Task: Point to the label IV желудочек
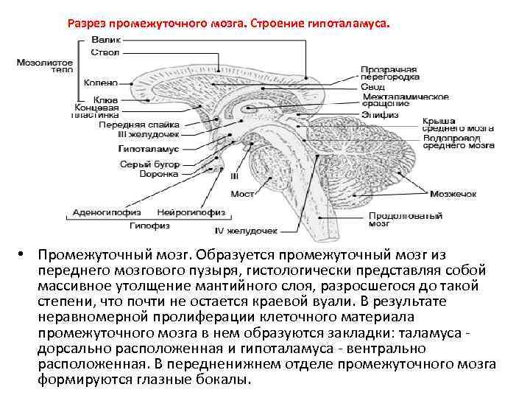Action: (246, 231)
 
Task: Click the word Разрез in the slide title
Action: (85, 23)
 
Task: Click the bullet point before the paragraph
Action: (25, 254)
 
